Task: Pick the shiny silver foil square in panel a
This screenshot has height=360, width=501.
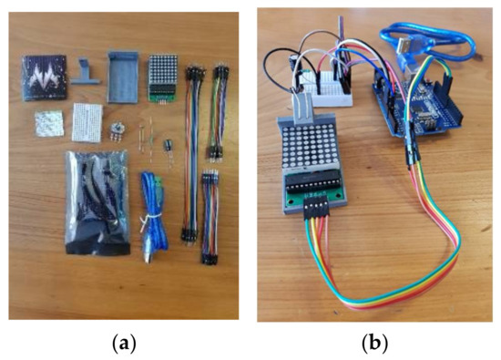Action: pyautogui.click(x=44, y=123)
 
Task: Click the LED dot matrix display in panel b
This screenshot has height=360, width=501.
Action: pyautogui.click(x=310, y=144)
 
